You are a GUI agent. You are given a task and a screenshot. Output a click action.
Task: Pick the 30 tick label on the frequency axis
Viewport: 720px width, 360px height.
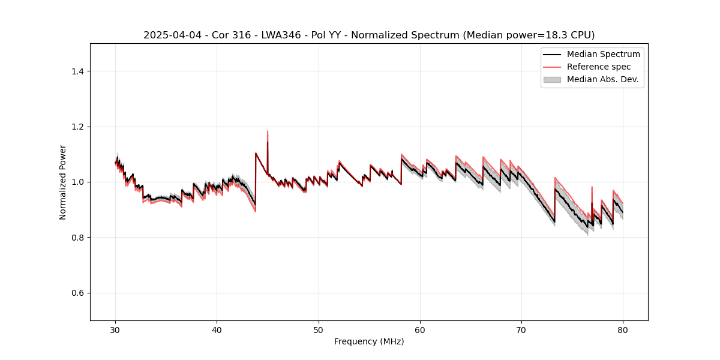click(115, 329)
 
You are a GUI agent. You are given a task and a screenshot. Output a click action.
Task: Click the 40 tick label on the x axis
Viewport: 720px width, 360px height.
click(217, 329)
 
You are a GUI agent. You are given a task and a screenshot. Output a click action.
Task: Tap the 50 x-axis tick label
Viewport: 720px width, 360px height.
click(319, 329)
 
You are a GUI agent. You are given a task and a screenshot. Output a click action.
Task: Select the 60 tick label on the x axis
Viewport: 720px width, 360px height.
click(420, 329)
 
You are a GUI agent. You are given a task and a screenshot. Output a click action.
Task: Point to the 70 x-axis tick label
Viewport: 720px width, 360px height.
click(521, 329)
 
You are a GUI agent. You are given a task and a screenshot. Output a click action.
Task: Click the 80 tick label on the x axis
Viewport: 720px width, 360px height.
click(623, 329)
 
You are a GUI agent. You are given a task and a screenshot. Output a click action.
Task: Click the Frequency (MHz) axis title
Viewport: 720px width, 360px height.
click(369, 341)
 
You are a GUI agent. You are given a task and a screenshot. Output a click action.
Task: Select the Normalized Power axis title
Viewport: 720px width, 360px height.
click(63, 182)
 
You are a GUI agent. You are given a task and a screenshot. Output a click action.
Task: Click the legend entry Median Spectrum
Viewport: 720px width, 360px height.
click(603, 54)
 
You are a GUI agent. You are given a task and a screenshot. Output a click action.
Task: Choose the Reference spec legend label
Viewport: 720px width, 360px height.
click(599, 67)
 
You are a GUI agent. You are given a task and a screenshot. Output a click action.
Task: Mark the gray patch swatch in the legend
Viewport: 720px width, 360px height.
click(552, 79)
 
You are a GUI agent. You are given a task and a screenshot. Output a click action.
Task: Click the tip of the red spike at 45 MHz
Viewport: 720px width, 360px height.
click(268, 131)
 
